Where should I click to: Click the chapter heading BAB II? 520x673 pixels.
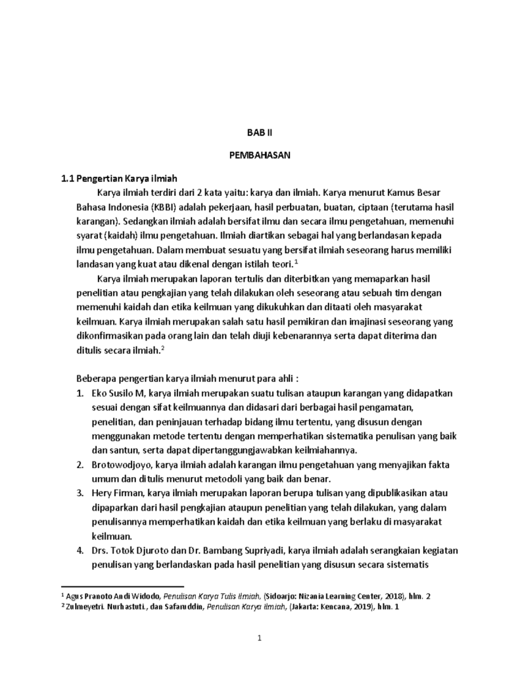pos(259,132)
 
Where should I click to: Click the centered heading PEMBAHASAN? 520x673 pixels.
pos(259,156)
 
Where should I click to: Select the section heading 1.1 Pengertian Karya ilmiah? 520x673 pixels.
pos(118,179)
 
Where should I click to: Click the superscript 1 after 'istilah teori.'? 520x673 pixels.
pos(297,262)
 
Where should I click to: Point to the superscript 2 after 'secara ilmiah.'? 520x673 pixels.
pos(162,348)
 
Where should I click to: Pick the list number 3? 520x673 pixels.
pos(79,493)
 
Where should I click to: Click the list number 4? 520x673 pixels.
pos(79,550)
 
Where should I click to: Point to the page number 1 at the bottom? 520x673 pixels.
pos(260,638)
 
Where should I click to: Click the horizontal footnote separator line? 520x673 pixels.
pos(122,585)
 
